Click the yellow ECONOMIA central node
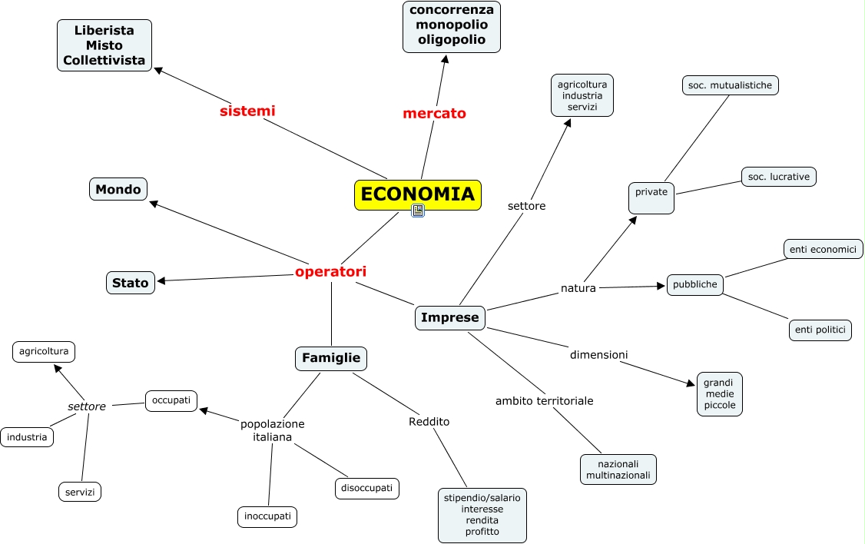coord(417,194)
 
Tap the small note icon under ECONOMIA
coord(418,211)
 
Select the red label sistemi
coord(247,111)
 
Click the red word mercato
coord(434,114)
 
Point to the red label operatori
coord(330,272)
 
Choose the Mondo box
coord(118,189)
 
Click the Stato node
coord(130,283)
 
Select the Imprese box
coord(450,317)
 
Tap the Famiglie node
coord(331,358)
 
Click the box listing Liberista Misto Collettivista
coord(104,45)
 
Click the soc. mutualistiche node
coord(730,85)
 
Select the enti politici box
coord(820,330)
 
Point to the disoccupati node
coord(367,488)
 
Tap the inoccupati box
coord(267,516)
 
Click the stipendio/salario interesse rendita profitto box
coord(482,515)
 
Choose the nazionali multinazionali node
coord(618,469)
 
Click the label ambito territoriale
coord(544,401)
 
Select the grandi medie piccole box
coord(719,393)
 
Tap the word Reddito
coord(429,422)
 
